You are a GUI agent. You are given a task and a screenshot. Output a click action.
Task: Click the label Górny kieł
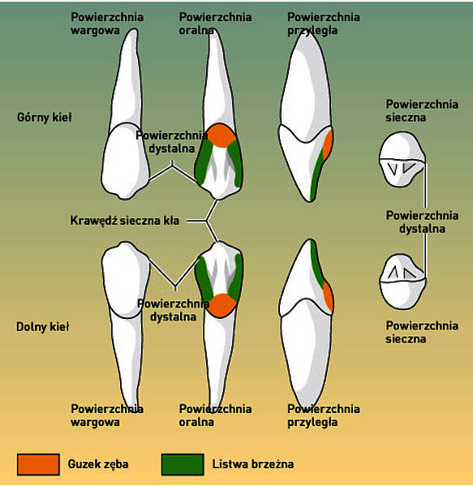[x=45, y=118]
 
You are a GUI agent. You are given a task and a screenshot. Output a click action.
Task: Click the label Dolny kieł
[x=42, y=327]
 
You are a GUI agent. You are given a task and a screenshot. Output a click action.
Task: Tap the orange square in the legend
[x=38, y=464]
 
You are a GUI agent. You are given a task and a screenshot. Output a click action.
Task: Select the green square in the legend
[x=183, y=464]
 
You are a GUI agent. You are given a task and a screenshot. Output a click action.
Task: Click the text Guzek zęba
[x=98, y=464]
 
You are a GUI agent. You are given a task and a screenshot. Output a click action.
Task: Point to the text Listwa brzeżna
[x=253, y=464]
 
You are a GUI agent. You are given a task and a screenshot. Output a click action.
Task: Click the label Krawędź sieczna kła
[x=125, y=221]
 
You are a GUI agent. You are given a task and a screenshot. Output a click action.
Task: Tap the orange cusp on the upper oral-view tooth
[x=221, y=136]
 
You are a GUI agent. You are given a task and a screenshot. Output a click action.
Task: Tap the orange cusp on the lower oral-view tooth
[x=222, y=305]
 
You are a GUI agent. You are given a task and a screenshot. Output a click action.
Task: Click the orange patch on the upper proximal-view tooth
[x=328, y=144]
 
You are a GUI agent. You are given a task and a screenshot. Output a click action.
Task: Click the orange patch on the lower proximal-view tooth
[x=329, y=296]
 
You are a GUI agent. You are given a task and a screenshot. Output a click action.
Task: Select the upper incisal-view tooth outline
[x=402, y=159]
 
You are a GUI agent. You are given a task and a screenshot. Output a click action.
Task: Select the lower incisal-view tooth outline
[x=403, y=282]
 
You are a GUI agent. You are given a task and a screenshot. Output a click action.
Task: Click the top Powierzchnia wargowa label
[x=107, y=24]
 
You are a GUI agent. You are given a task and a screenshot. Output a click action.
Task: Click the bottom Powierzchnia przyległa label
[x=324, y=416]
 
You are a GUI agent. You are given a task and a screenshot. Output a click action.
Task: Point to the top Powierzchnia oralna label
[x=215, y=24]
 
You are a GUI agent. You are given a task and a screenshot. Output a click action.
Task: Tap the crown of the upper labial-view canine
[x=126, y=161]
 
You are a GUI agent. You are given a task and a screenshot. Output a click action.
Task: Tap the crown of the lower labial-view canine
[x=126, y=279]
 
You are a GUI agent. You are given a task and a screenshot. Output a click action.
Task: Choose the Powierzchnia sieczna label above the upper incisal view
[x=422, y=111]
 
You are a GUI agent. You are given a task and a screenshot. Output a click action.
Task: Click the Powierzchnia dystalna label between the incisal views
[x=422, y=222]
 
